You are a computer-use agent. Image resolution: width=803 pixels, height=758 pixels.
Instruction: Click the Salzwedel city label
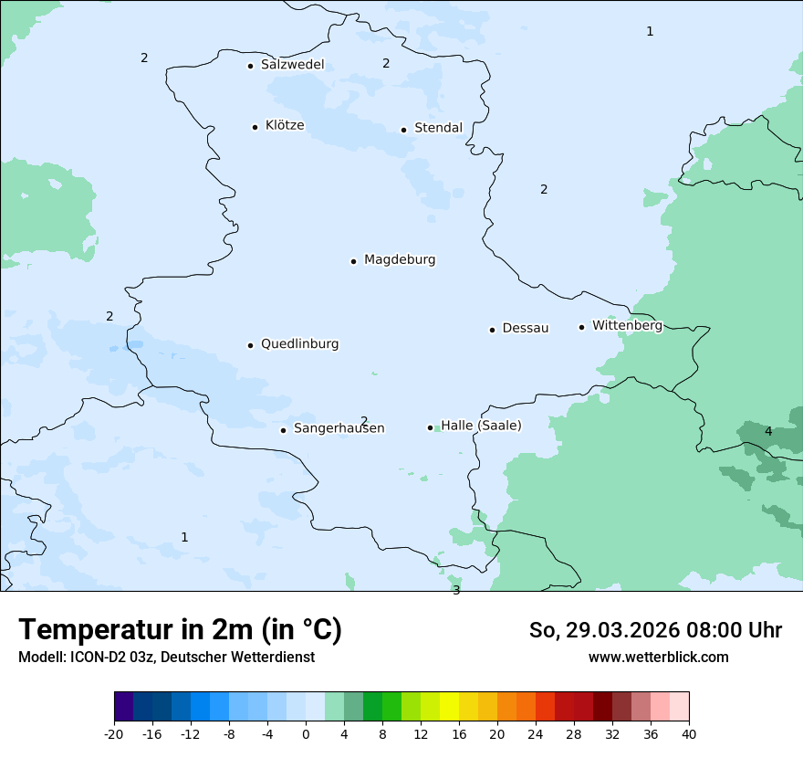(292, 65)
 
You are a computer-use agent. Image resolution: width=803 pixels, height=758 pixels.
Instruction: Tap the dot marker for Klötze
(255, 127)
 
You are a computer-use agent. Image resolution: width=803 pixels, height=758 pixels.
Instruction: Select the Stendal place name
(438, 128)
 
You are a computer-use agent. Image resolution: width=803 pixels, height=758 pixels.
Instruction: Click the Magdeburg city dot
(353, 261)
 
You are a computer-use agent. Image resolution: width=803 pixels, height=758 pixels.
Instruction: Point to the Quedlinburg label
(299, 344)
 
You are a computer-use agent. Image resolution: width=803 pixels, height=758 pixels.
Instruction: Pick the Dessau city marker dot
(492, 330)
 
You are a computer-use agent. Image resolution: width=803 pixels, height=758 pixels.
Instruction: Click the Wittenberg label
(627, 325)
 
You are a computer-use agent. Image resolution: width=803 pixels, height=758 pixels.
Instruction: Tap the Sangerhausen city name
(339, 428)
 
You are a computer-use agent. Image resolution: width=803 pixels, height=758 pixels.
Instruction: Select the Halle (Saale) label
(481, 426)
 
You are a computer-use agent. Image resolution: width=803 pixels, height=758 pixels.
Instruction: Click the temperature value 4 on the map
(768, 431)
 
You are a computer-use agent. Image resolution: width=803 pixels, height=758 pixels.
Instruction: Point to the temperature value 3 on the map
(456, 590)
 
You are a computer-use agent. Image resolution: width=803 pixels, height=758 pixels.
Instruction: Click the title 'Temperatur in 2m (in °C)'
(181, 630)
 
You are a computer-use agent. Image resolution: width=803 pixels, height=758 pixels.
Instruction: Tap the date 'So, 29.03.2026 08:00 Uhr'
(655, 630)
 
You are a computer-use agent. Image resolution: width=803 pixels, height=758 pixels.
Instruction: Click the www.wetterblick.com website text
(658, 657)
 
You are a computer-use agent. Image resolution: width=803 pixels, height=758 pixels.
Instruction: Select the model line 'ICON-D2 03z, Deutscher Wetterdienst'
(166, 657)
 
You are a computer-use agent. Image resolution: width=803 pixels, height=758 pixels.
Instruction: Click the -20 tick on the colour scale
(114, 733)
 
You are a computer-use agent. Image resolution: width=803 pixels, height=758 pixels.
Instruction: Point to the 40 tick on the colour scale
(689, 733)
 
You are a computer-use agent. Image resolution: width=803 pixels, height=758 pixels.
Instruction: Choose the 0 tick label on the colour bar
(306, 733)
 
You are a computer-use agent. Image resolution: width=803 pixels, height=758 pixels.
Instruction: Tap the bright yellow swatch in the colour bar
(449, 707)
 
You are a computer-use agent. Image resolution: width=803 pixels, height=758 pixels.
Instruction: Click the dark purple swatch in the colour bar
(123, 707)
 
